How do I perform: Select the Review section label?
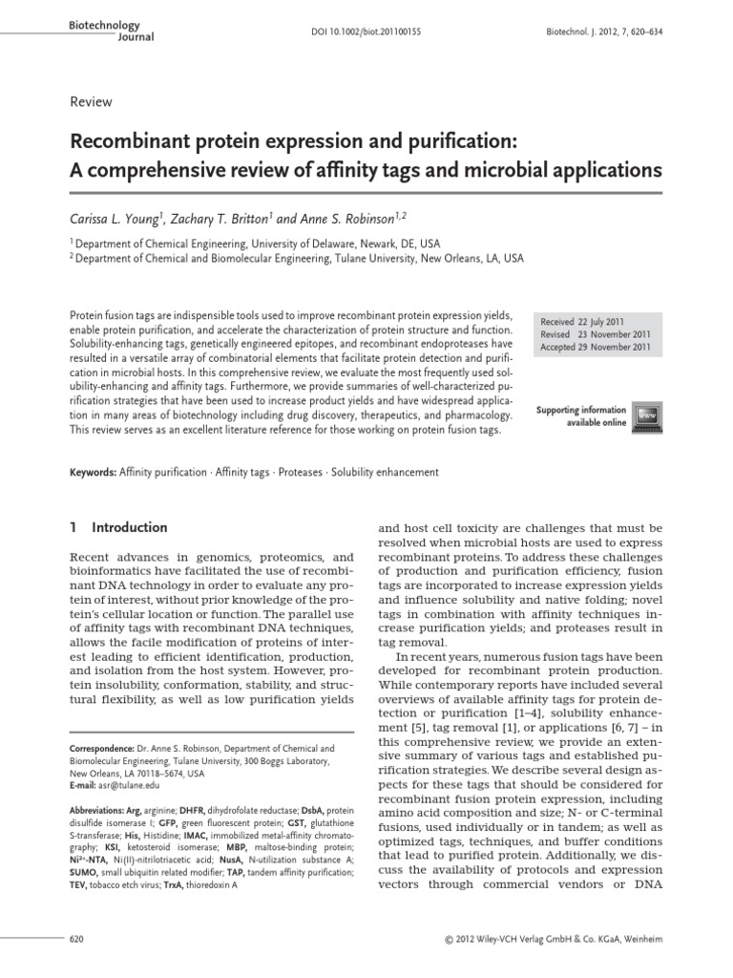(x=92, y=102)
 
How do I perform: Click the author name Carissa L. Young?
(x=124, y=219)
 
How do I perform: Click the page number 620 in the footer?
(x=78, y=940)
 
